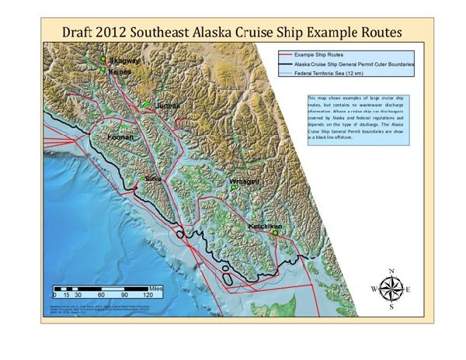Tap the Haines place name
120,71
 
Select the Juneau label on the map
167,106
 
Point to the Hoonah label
120,137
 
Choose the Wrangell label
244,182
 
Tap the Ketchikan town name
263,226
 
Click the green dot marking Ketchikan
274,232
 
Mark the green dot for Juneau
146,103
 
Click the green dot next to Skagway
102,59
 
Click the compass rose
392,289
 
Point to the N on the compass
392,271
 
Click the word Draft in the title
82,34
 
